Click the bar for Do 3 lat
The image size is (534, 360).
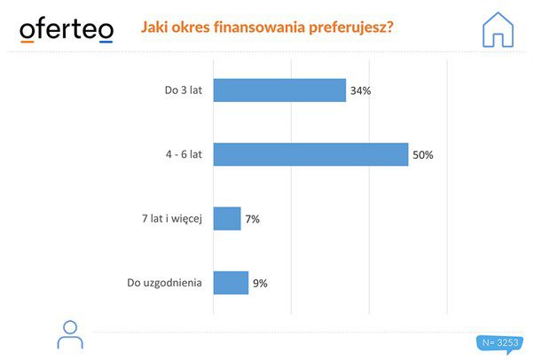click(279, 90)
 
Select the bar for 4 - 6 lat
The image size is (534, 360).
click(310, 154)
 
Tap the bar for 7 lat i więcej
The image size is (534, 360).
click(227, 218)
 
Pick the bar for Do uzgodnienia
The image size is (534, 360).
click(231, 283)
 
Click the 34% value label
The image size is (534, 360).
click(360, 91)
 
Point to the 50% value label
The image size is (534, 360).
click(422, 155)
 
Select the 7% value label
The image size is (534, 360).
click(252, 219)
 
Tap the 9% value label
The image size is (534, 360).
click(259, 284)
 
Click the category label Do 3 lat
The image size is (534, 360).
click(184, 90)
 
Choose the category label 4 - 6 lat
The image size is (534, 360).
click(184, 154)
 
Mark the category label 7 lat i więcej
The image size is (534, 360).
click(170, 218)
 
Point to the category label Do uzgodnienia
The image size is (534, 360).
click(165, 283)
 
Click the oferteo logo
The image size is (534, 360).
click(67, 29)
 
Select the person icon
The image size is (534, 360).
click(69, 334)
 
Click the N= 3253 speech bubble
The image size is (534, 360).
click(499, 342)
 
